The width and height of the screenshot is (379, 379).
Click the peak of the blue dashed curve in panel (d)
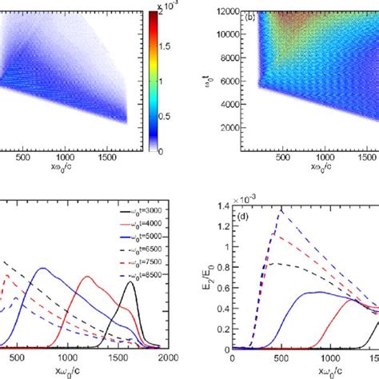pos(281,211)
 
